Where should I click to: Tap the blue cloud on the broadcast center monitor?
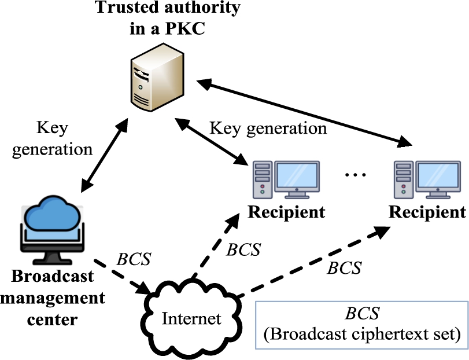coord(47,214)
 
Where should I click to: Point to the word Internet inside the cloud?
coord(191,318)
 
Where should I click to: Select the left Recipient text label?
coord(286,212)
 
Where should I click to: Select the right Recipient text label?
coord(427,212)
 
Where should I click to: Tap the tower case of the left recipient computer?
coord(262,178)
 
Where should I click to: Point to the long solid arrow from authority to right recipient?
coord(306,113)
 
